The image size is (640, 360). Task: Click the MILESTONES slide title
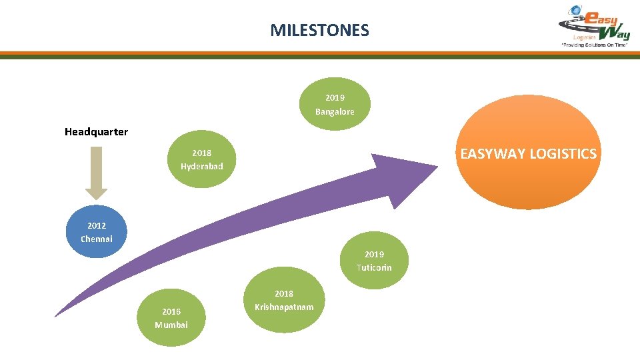tap(319, 30)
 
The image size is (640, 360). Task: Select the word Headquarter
tap(96, 132)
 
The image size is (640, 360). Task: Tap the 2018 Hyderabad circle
tap(202, 159)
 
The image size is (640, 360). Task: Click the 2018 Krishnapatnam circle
tap(284, 300)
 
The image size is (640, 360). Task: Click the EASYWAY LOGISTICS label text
tap(528, 154)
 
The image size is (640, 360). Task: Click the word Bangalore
tap(335, 112)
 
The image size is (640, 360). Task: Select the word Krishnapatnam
tap(284, 307)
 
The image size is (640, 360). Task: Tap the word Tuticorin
tap(374, 268)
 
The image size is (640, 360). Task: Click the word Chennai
tap(97, 239)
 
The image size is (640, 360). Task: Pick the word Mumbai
tap(171, 325)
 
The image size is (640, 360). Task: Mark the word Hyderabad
tap(202, 166)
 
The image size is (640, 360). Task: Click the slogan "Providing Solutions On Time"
tap(595, 45)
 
